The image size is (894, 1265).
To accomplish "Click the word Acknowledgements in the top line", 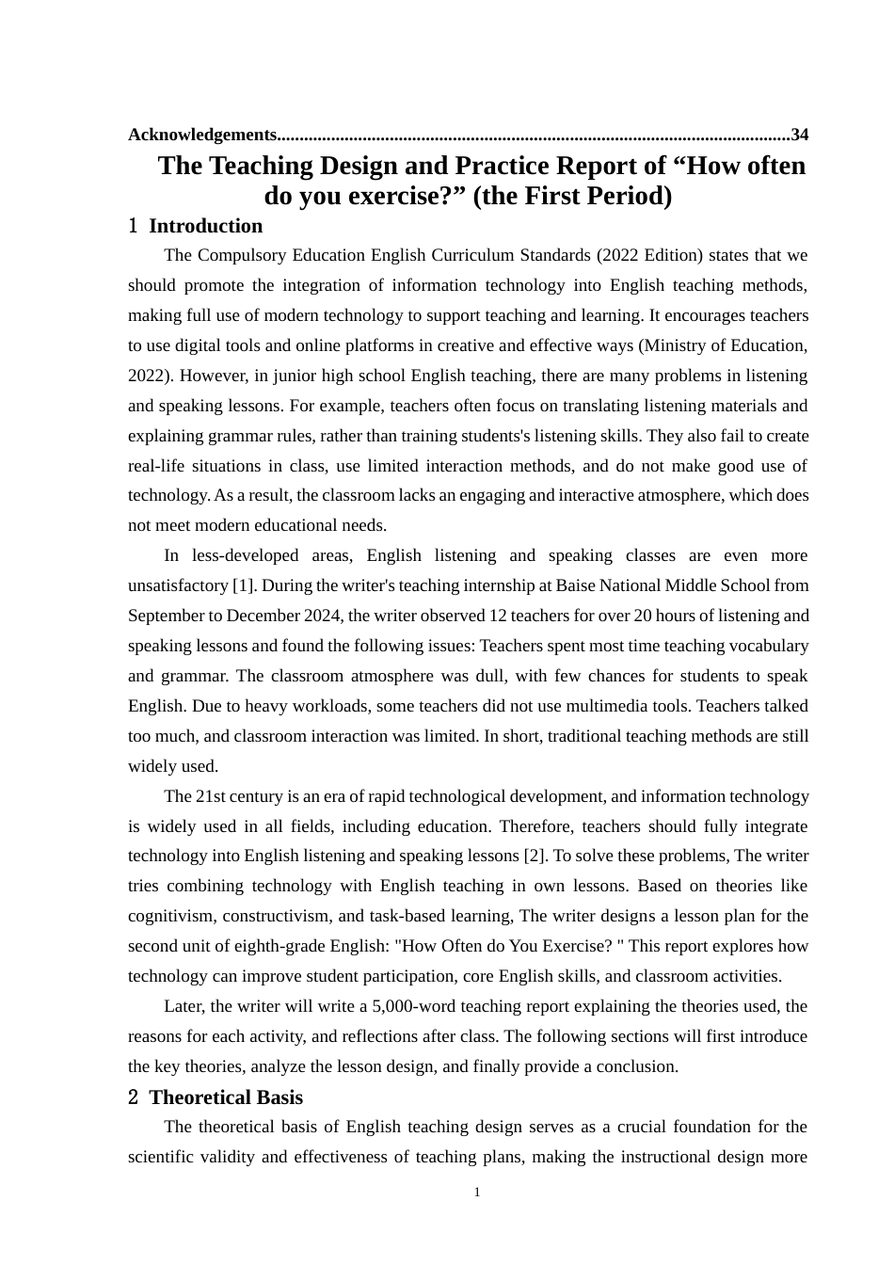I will click(202, 135).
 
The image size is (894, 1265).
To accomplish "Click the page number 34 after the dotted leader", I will click(799, 135).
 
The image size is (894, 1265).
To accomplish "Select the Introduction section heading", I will click(205, 226).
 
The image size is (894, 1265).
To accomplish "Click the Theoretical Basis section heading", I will click(226, 1097).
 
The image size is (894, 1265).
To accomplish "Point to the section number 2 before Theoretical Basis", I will click(134, 1097).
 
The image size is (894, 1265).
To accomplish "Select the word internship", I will click(499, 585).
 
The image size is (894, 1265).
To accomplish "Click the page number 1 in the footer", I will click(477, 1193).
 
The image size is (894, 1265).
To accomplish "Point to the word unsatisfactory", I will click(178, 585).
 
